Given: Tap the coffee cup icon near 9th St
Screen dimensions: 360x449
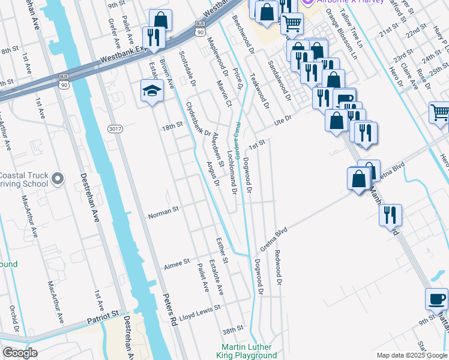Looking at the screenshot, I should (436, 298).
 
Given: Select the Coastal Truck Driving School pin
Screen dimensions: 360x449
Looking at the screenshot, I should (57, 178).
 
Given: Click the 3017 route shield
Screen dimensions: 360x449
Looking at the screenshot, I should (115, 129).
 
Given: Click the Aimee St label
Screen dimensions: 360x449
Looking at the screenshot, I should (177, 262).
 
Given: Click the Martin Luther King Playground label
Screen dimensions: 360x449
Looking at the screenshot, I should (246, 351).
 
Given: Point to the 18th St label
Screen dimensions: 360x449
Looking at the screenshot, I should (172, 127).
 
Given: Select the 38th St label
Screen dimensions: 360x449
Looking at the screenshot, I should (232, 329).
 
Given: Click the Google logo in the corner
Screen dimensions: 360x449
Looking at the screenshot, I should (20, 353).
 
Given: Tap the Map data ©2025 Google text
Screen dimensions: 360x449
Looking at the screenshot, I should (412, 355).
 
